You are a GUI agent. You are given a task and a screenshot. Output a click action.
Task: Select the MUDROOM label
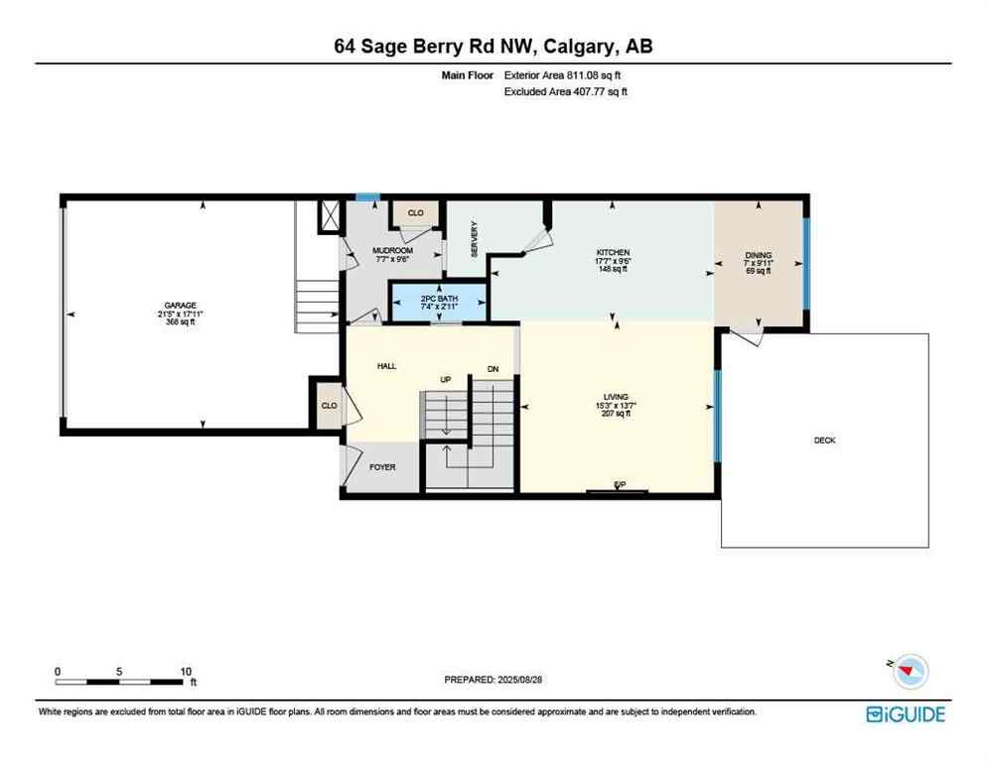[392, 251]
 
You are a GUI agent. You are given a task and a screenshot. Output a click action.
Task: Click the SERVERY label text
[475, 239]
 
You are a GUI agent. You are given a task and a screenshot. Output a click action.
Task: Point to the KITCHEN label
[613, 253]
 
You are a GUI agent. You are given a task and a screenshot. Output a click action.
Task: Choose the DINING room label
[759, 256]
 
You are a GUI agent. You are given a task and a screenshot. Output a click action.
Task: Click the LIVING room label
[615, 398]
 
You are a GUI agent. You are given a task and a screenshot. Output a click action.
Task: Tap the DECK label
[824, 440]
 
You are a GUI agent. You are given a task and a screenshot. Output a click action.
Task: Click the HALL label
[386, 366]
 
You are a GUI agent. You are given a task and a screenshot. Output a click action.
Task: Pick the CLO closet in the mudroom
[415, 212]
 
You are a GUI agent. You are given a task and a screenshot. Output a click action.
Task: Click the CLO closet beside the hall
[329, 406]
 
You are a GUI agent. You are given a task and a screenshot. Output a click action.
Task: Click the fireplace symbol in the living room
[618, 488]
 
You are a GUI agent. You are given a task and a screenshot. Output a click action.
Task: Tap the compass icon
[910, 672]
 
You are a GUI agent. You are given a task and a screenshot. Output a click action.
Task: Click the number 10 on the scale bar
[186, 672]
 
